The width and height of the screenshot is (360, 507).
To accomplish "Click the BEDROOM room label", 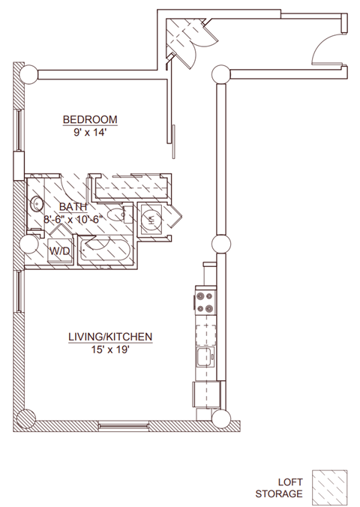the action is [x=90, y=120].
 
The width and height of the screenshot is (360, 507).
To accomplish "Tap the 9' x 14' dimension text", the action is [x=90, y=132].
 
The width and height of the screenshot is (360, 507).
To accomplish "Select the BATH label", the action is [x=73, y=206].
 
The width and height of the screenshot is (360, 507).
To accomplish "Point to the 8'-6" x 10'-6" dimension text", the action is [x=73, y=219].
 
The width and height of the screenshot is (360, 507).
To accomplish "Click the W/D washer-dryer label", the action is [x=60, y=251].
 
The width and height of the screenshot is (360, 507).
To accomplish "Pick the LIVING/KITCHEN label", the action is [x=110, y=337].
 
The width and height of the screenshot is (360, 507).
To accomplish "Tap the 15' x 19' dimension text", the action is [x=110, y=349].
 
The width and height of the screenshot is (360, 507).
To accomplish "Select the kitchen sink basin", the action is [x=205, y=357].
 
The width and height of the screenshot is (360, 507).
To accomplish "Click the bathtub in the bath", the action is [x=106, y=250].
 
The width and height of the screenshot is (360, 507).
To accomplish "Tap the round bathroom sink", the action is [x=37, y=204].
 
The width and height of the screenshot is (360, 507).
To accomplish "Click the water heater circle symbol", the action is [x=151, y=219].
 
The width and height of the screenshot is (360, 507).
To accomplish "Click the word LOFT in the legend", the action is [x=290, y=482].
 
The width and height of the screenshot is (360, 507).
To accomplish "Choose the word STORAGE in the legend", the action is [x=279, y=494].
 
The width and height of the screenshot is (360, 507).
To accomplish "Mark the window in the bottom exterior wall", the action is [x=123, y=426].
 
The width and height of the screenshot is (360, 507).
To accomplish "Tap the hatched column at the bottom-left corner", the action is [x=26, y=418].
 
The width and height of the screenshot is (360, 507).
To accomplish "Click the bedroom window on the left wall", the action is [x=20, y=130].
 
